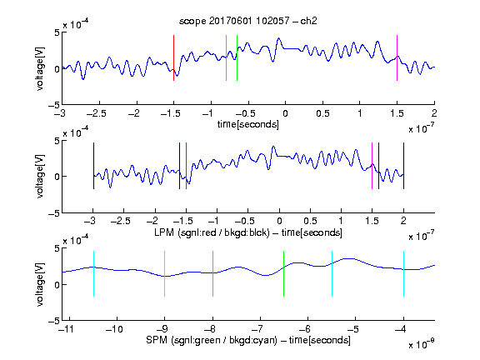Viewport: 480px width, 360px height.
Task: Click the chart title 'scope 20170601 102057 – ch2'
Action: (247, 21)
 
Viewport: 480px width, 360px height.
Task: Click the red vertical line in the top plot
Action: (173, 57)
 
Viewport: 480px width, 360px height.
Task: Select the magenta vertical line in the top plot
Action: (397, 57)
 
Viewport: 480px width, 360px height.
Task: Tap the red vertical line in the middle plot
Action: (186, 166)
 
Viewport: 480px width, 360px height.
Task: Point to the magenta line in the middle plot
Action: (372, 166)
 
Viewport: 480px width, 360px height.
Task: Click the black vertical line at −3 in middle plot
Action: (93, 166)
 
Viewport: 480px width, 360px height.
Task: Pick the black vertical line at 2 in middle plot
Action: (403, 166)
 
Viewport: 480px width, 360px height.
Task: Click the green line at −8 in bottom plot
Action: (212, 273)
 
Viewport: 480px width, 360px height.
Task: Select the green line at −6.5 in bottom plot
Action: (284, 273)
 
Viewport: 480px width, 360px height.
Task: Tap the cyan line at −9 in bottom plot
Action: (165, 273)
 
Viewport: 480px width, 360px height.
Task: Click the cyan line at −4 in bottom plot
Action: (403, 273)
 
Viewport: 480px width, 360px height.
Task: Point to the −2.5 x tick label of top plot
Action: (97, 113)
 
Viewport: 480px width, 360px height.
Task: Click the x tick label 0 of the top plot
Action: (285, 113)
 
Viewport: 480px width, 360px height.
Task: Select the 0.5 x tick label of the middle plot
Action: (310, 221)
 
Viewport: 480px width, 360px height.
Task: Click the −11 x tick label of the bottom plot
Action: (67, 329)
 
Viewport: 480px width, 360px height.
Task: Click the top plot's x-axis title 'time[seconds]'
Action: (248, 124)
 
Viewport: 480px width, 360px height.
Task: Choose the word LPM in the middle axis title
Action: (164, 232)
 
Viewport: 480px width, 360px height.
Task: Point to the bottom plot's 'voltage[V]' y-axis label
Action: (40, 284)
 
